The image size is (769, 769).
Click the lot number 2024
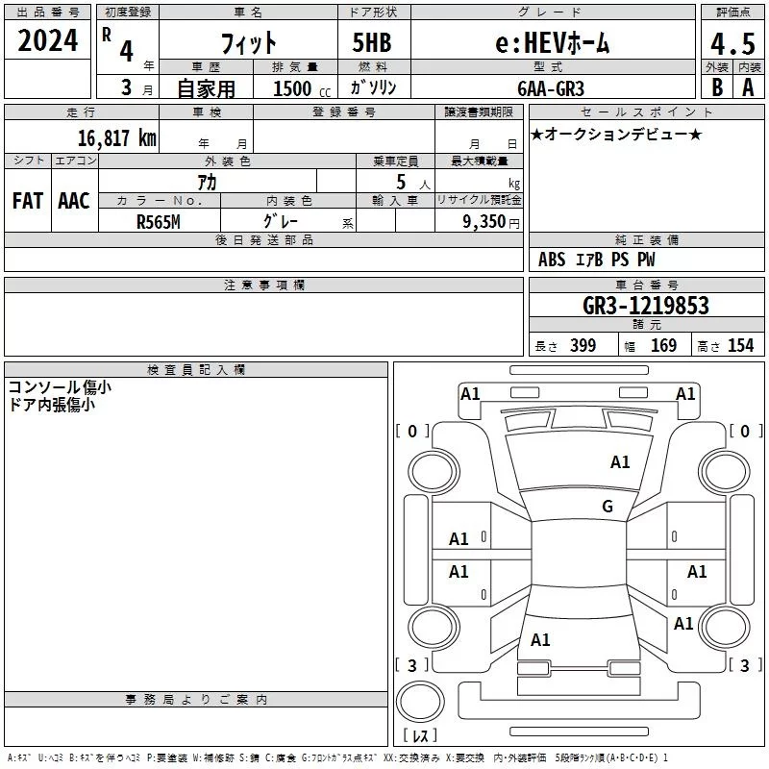(47, 40)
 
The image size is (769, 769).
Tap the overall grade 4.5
(732, 44)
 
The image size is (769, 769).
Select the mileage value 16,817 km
(117, 137)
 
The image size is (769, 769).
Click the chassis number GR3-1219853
(646, 305)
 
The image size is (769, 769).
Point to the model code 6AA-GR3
(551, 88)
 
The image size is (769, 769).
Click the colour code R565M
(159, 222)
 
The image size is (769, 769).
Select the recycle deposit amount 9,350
(484, 221)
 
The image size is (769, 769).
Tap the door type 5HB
(372, 42)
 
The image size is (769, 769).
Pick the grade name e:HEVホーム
(553, 43)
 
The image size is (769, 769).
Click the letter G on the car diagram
(608, 506)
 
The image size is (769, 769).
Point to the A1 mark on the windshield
(620, 462)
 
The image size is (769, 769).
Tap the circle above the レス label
(420, 702)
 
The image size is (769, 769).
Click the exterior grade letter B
(717, 87)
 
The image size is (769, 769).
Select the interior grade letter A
(748, 87)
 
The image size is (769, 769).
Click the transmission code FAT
(28, 201)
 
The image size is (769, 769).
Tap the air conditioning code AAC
(74, 201)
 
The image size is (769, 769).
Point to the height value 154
(740, 345)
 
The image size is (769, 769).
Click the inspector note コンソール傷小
(60, 387)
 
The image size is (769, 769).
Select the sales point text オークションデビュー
(616, 134)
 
